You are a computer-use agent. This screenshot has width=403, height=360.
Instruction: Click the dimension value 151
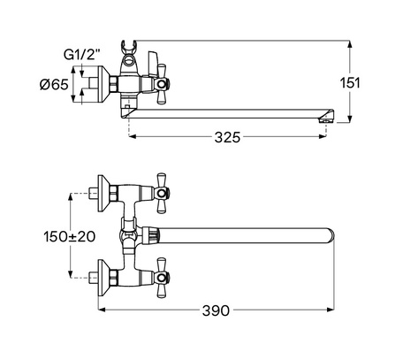(350, 83)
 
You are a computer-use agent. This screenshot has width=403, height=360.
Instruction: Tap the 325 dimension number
(227, 137)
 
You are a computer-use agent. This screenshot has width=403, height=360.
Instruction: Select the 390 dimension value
(216, 310)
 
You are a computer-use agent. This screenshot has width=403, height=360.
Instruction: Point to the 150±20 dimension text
(70, 236)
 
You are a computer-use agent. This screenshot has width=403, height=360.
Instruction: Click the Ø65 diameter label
(54, 85)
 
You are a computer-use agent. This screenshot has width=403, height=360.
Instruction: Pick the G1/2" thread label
(82, 55)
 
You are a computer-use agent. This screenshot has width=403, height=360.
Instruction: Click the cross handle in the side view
(162, 85)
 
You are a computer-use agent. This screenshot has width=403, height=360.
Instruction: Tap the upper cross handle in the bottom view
(163, 193)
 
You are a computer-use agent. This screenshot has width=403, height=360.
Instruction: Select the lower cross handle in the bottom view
(163, 278)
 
